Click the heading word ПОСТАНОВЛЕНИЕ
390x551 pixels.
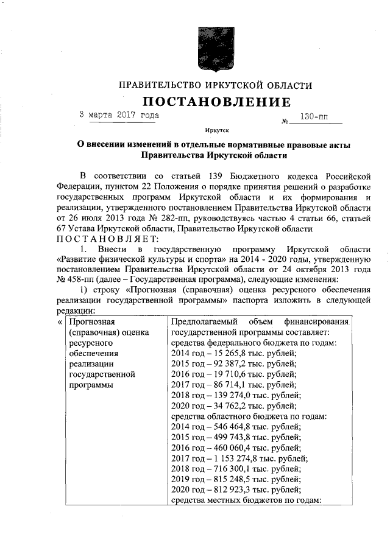tap(217, 101)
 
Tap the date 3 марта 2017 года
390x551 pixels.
tap(119, 114)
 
